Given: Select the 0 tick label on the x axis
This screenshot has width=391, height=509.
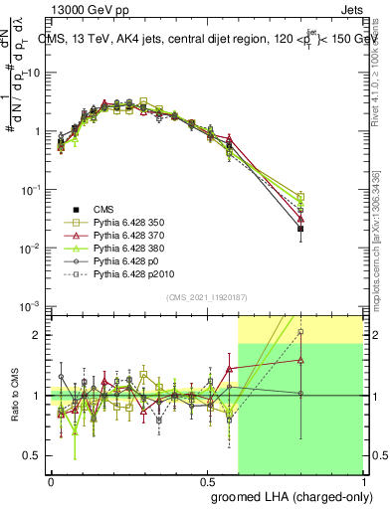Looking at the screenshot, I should coord(51,480).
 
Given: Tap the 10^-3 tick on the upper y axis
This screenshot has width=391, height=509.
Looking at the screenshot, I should coord(30,305).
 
